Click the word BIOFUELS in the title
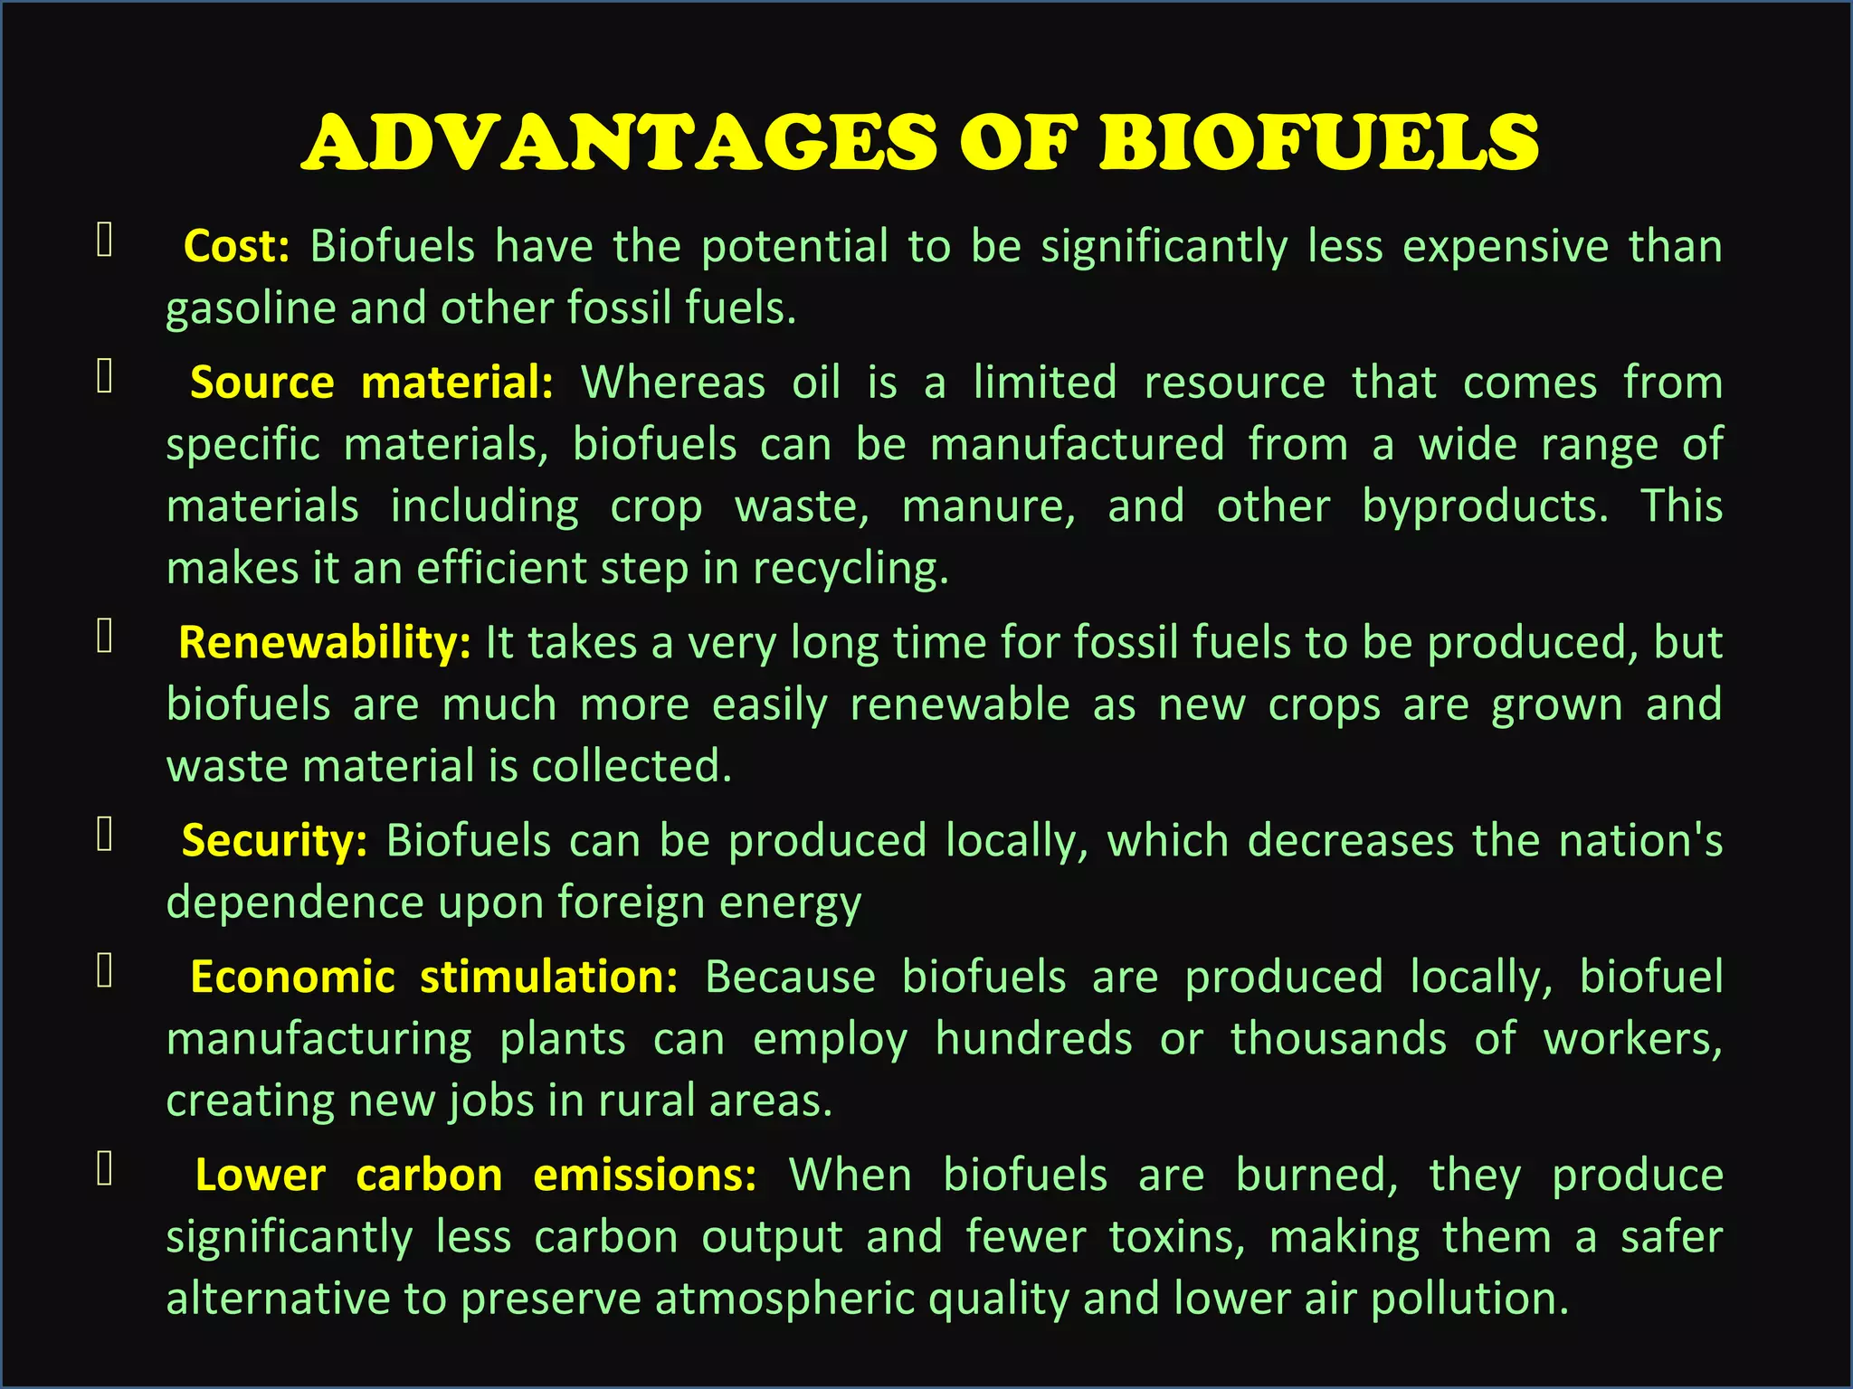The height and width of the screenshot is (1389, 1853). pyautogui.click(x=1318, y=143)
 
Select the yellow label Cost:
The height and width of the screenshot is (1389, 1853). pyautogui.click(x=236, y=247)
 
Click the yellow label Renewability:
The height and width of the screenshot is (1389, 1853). pyautogui.click(x=324, y=643)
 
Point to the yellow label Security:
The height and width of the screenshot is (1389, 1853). pyautogui.click(x=274, y=841)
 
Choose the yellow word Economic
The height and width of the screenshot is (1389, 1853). pyautogui.click(x=292, y=978)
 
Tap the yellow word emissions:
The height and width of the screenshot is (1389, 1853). pyautogui.click(x=644, y=1176)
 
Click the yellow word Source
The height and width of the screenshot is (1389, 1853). pyautogui.click(x=261, y=383)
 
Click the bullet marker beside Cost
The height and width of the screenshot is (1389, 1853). pyautogui.click(x=105, y=241)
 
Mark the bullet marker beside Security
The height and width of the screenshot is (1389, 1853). pyautogui.click(x=105, y=835)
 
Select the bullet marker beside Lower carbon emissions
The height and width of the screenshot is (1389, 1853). pyautogui.click(x=105, y=1168)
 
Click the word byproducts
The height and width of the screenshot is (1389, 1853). pyautogui.click(x=1485, y=506)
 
